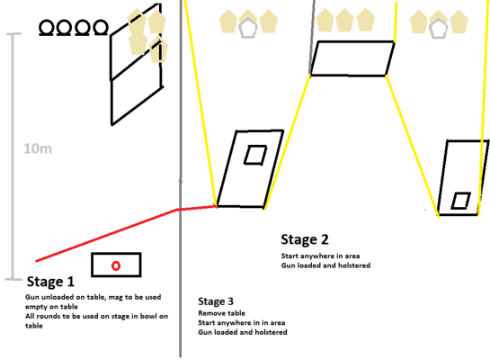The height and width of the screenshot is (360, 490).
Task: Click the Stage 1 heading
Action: [50, 282]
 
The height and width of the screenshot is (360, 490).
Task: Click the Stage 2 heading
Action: [305, 239]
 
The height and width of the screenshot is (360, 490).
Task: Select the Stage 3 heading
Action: [216, 301]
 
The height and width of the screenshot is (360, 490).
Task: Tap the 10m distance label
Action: [38, 148]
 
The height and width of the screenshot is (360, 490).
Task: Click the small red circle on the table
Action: [116, 265]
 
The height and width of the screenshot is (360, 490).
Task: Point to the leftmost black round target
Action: [46, 28]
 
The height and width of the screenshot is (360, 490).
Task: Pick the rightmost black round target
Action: [101, 28]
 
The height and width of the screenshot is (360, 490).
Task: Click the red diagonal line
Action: [107, 235]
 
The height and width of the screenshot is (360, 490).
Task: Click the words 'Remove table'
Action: [221, 313]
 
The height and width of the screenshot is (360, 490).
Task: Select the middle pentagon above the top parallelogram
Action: [344, 21]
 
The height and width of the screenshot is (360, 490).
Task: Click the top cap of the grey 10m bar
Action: [13, 33]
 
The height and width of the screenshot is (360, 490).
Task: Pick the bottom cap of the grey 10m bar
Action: [13, 279]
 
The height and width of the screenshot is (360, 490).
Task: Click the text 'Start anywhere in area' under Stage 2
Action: [320, 256]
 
